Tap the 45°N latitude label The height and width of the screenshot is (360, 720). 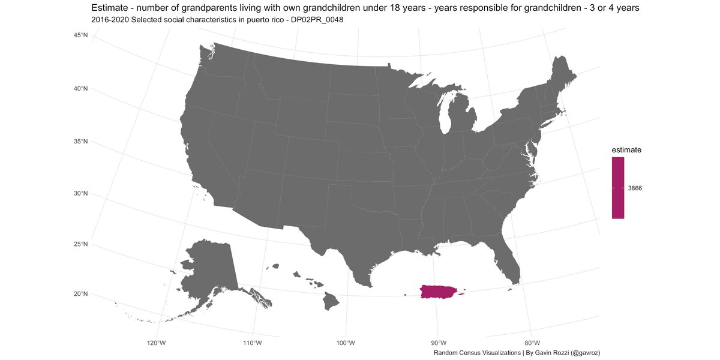80,35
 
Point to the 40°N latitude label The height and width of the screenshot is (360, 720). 80,89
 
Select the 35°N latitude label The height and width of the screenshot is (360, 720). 80,142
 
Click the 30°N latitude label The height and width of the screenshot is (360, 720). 80,193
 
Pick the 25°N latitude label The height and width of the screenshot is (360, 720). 80,244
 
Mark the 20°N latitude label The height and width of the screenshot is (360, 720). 80,294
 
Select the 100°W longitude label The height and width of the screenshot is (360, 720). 346,343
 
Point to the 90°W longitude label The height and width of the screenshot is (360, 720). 438,343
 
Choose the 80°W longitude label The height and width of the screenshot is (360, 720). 532,343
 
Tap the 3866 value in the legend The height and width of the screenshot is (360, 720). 635,188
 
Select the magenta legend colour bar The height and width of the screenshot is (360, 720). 618,188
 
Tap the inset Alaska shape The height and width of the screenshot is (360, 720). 210,270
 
